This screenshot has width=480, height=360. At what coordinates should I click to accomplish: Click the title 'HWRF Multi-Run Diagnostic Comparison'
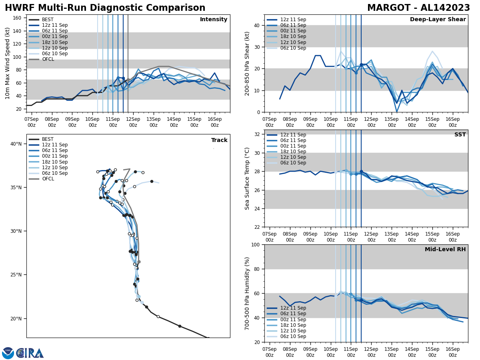coord(105,8)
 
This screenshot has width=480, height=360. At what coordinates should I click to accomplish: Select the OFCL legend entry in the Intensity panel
coord(48,59)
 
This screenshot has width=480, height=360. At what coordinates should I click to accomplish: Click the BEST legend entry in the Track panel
coord(47,139)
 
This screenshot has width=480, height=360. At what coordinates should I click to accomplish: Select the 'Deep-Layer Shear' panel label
coord(438,20)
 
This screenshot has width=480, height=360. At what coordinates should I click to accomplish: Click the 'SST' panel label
coord(460,135)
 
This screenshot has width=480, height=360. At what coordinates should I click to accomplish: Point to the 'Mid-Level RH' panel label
coord(445,250)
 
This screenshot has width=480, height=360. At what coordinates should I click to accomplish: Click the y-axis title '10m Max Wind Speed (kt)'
coord(8,63)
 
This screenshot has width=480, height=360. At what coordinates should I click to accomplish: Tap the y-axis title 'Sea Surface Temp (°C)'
coord(247,178)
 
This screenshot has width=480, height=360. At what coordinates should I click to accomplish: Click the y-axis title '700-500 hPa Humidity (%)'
coord(247,293)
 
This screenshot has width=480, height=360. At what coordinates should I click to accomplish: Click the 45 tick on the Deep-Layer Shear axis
coord(257,15)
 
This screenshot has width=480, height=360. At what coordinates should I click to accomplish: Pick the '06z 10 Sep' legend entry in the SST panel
coord(293,163)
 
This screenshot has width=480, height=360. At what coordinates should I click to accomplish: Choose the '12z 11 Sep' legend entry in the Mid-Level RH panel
coord(293,308)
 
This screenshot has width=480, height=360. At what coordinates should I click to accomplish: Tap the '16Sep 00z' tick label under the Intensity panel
coord(214,122)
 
